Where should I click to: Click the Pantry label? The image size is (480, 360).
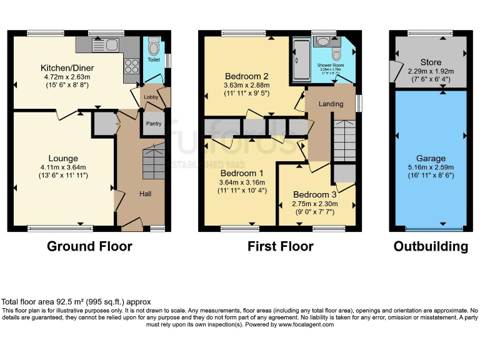(153, 124)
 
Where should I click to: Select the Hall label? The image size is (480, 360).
(145, 194)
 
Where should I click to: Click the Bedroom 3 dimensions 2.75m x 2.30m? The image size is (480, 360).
(315, 203)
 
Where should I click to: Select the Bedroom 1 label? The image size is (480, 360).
(241, 173)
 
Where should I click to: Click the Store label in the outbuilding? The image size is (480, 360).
(431, 62)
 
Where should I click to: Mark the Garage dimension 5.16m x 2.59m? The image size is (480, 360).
(431, 168)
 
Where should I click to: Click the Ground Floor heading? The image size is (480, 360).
(89, 246)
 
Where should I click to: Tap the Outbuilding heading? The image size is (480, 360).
(431, 246)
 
